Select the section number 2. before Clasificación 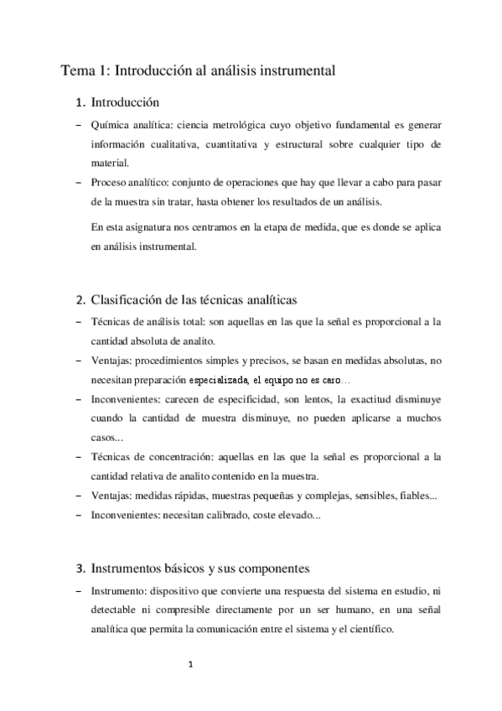pyautogui.click(x=80, y=300)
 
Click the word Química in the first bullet pyautogui.click(x=111, y=125)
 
